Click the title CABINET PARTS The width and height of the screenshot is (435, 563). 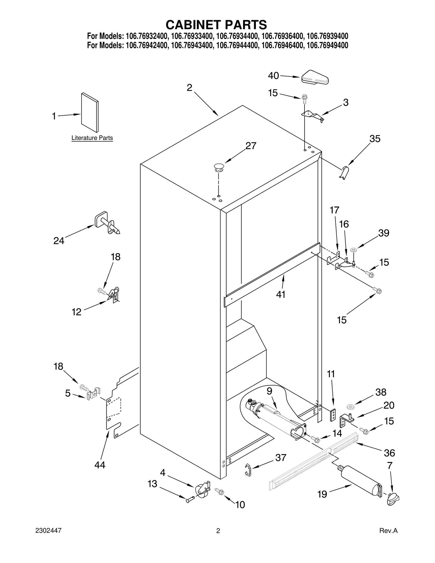pos(216,25)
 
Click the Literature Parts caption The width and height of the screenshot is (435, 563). pos(92,138)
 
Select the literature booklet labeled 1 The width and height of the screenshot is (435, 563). pos(90,112)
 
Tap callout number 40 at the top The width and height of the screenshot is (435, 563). pos(273,76)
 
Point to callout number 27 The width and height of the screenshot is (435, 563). pos(251,146)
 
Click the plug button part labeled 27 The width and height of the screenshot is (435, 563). pos(219,167)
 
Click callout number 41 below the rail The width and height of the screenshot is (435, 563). pos(281,294)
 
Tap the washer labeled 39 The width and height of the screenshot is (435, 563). pos(353,249)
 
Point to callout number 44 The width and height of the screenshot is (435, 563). pos(100,465)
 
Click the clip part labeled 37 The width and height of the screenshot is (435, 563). pos(247,469)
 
